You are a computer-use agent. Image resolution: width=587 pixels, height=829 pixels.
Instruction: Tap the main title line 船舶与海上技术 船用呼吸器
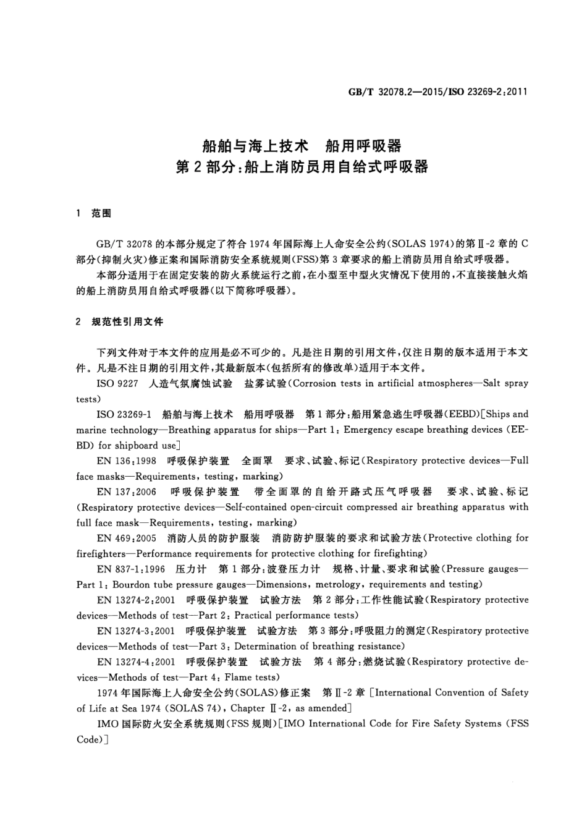(302, 146)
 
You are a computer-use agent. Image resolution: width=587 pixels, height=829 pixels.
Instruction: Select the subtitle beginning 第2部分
(302, 167)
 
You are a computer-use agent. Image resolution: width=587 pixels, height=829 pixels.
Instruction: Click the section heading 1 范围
(93, 213)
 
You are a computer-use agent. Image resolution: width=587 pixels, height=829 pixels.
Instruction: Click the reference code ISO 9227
(117, 383)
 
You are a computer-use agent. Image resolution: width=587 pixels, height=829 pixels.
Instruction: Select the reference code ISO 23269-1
(124, 414)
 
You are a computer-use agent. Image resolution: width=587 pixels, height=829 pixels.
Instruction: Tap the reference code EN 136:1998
(127, 461)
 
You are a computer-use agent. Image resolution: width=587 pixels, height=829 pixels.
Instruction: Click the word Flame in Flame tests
(237, 678)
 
